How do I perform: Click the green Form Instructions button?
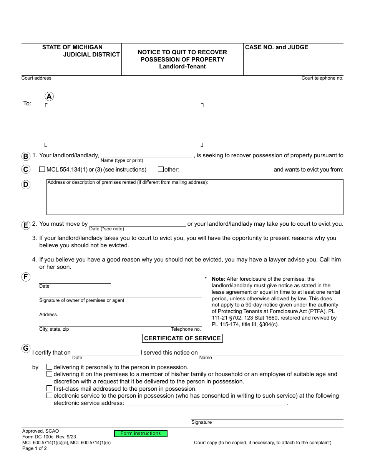pos(141,433)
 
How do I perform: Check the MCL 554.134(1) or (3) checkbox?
pos(42,169)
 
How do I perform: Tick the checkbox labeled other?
pos(161,169)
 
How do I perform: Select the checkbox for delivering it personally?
pos(49,367)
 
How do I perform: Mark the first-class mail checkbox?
pos(49,388)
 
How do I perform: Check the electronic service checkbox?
pos(49,395)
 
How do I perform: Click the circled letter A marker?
pos(49,97)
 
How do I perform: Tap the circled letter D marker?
pos(26,185)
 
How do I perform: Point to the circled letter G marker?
pos(26,348)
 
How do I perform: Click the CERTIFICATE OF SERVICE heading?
pos(182,338)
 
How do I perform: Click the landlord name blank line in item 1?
pos(146,155)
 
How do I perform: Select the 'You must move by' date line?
pos(138,223)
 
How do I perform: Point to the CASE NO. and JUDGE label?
pos(277,47)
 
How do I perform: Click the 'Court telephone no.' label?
pos(322,78)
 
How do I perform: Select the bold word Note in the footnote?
pos(219,279)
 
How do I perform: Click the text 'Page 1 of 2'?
pos(35,448)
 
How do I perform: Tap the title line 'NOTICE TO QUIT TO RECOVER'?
pos(182,52)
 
